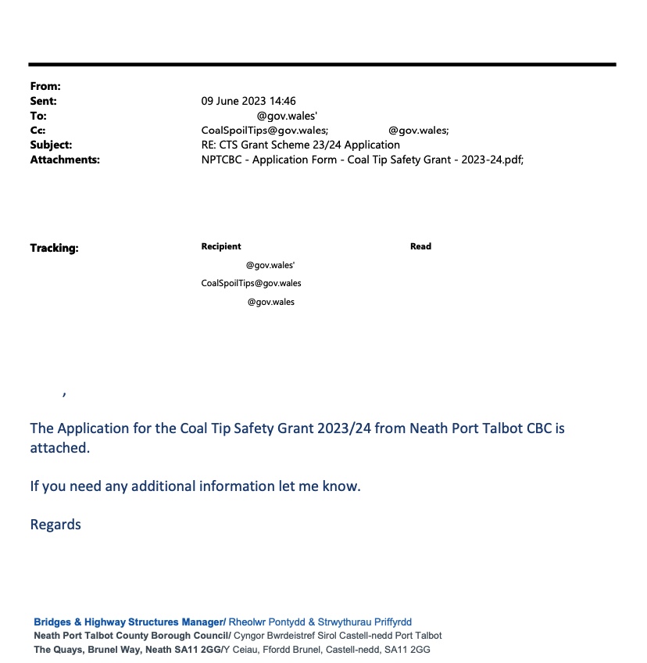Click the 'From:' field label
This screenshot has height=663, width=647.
coord(45,87)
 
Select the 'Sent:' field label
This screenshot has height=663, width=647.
coord(44,102)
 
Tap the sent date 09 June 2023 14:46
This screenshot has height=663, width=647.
coord(248,102)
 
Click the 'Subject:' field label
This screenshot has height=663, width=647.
coord(51,145)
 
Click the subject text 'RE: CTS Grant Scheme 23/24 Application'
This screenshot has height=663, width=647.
coord(300,145)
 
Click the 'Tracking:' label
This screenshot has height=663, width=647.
coord(54,249)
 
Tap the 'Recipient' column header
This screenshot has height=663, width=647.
coord(221,246)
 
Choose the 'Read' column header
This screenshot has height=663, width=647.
coord(420,246)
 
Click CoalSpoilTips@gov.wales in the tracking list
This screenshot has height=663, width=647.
coord(251,283)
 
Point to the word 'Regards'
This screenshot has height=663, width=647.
coord(55,525)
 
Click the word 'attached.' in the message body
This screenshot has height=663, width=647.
coord(60,449)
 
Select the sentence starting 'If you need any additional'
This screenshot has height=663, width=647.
coord(195,486)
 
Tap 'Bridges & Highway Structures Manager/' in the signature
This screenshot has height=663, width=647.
coord(130,622)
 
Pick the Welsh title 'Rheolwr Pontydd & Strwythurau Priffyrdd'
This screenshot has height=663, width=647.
coord(320,622)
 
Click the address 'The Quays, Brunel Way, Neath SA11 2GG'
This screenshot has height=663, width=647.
coord(127,650)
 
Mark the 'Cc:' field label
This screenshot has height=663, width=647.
coord(38,131)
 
